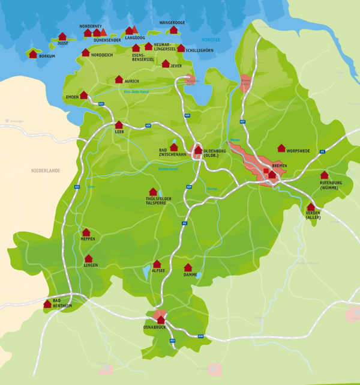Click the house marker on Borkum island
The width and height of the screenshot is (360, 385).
coord(32,53)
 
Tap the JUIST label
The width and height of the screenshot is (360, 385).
coord(63,43)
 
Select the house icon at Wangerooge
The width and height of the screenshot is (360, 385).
coord(173,29)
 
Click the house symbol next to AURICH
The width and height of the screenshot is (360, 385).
coord(119,79)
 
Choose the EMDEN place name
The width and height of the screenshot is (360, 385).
coord(72,97)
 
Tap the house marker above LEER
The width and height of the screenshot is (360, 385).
coord(119,124)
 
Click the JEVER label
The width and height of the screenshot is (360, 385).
coord(176,65)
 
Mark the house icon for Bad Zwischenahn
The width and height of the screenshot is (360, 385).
coord(174,147)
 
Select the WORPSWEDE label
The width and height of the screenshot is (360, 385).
coord(298,151)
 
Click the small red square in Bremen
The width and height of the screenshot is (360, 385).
coord(266,171)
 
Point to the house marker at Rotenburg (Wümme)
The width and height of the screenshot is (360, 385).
coord(325,175)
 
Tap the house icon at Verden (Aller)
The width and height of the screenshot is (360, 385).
coord(311,207)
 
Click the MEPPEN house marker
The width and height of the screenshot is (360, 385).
coord(86,232)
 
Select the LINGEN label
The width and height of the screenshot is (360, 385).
coord(91,265)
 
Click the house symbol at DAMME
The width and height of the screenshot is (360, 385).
coord(188,267)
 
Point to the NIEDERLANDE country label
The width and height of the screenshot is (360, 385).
coord(46,171)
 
